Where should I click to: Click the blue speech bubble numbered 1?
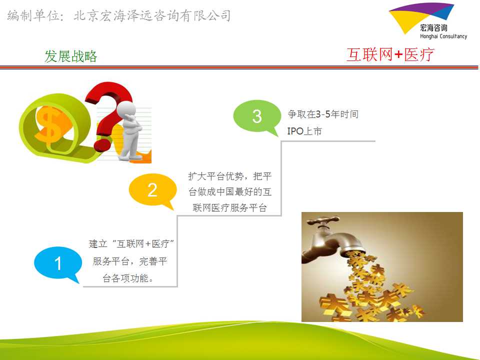57,263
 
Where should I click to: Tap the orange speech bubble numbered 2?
152,190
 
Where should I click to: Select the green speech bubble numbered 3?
256,116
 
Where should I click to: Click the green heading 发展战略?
70,56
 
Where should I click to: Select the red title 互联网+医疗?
390,55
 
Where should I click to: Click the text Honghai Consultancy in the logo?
443,36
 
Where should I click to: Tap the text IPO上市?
304,131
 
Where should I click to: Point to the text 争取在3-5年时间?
323,114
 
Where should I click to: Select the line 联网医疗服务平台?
230,208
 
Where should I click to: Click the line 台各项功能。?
128,278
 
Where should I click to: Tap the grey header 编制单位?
33,15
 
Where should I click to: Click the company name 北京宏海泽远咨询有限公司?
152,15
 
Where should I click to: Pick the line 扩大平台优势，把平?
230,176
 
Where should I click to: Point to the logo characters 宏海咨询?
433,28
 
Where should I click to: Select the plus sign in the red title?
398,55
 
